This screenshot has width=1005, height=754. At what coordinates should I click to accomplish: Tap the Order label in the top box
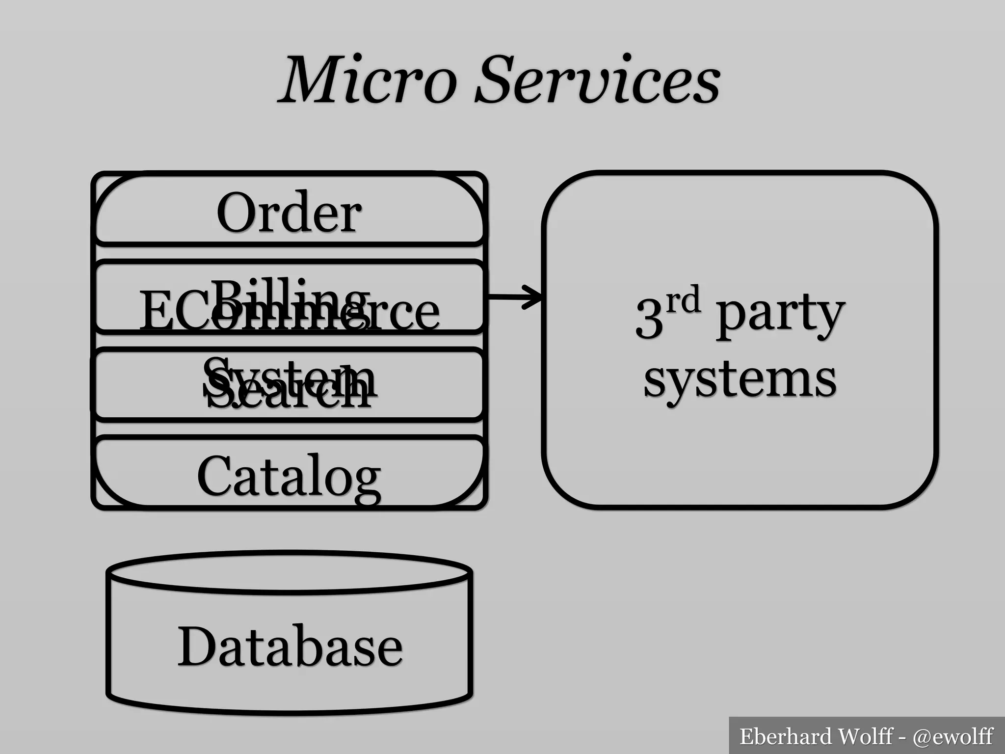pos(289,213)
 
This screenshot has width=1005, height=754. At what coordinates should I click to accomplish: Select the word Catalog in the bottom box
pos(289,476)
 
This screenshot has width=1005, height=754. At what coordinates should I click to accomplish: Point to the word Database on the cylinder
pos(290,646)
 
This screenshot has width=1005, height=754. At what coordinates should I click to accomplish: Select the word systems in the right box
pos(740,380)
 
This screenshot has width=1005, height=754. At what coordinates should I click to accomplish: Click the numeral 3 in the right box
pos(649,319)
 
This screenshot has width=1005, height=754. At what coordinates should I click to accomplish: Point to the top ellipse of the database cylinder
pos(290,572)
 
